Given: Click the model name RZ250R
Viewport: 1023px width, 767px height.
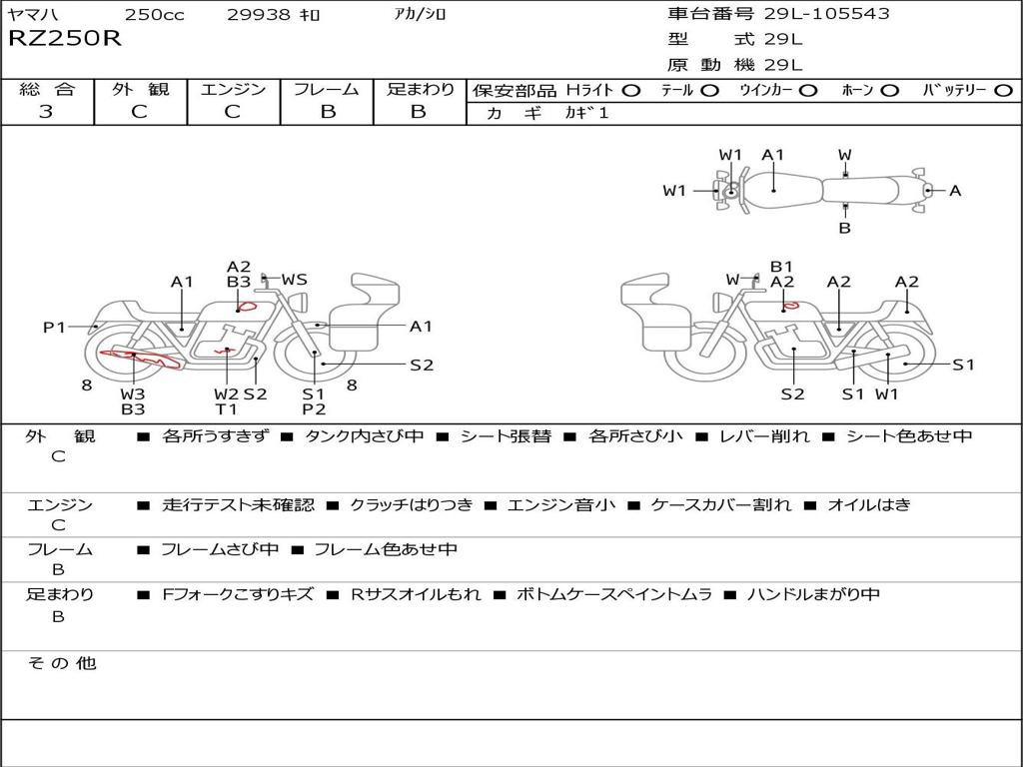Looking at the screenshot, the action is tap(64, 40).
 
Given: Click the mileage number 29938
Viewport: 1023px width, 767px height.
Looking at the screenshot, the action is tap(258, 15).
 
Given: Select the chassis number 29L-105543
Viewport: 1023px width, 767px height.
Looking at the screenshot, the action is tap(825, 14).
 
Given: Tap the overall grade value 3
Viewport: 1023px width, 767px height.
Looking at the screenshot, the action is tap(46, 112).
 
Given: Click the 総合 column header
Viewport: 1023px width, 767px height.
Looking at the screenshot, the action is tap(46, 89).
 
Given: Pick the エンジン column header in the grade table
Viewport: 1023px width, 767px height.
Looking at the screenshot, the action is tap(233, 89).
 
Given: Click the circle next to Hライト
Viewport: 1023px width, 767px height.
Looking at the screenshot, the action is tap(630, 90).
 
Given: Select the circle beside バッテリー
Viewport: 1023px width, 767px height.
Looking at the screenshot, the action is tap(1003, 90).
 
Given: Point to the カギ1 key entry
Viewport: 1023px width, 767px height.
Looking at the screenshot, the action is tap(586, 113).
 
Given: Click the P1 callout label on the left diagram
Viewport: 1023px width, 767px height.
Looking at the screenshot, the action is tap(54, 327).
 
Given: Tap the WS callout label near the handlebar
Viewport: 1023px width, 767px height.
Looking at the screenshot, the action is tap(295, 280).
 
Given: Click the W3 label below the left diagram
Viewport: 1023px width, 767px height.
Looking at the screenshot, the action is tap(133, 392).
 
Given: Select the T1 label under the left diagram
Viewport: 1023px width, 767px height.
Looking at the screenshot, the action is tap(227, 408).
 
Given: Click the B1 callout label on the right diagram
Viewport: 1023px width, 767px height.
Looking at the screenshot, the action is tap(781, 267).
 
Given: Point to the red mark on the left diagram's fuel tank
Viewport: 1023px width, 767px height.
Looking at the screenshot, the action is tap(246, 306).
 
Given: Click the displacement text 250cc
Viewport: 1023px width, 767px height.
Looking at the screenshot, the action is tap(155, 15).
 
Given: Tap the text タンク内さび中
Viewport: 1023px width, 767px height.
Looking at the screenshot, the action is tap(365, 436).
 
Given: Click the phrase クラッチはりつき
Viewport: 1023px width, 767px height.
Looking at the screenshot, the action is tap(411, 505).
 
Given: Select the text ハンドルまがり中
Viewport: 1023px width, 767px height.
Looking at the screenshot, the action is tap(813, 594).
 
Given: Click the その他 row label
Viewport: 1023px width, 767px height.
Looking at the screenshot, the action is tap(62, 663).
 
